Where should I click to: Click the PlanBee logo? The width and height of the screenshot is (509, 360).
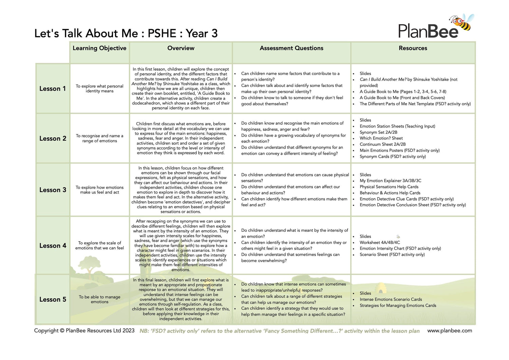click(x=428, y=31)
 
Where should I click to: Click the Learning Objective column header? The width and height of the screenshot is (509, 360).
click(x=99, y=48)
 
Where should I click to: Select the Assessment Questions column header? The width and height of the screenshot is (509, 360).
click(x=291, y=48)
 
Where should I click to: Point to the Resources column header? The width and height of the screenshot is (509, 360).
click(x=413, y=48)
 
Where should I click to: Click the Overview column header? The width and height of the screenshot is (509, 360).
click(x=181, y=48)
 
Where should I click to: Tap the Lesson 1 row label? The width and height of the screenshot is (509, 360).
click(x=53, y=89)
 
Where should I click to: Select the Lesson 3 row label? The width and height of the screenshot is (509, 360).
click(x=53, y=190)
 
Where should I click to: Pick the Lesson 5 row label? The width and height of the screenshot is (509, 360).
click(x=53, y=300)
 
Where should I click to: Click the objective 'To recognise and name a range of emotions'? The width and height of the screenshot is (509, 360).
click(x=99, y=138)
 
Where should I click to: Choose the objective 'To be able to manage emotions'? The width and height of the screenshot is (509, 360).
click(x=99, y=299)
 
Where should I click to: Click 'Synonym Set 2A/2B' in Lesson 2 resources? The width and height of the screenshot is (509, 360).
click(x=378, y=132)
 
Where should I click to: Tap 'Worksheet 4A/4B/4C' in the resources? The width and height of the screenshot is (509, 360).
click(x=380, y=243)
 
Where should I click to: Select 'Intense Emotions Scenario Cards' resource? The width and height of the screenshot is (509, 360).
click(x=391, y=300)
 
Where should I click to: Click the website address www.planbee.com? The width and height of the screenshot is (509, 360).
click(x=450, y=331)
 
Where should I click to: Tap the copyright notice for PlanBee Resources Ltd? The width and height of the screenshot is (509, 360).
click(x=84, y=331)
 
